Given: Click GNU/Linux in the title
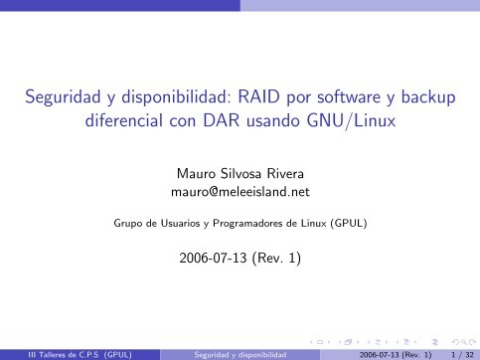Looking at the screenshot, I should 327,126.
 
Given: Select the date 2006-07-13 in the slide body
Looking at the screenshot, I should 212,260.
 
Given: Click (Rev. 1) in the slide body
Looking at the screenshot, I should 277,260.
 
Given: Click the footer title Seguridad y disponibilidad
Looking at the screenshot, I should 240,352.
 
